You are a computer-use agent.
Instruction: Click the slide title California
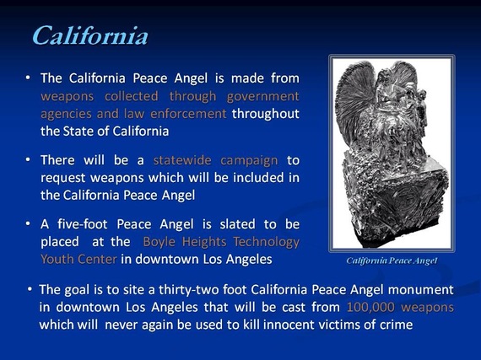click(90, 35)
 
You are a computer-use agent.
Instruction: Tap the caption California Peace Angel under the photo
click(392, 261)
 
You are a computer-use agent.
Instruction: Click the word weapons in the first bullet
click(68, 97)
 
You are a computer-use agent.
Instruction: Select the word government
click(263, 97)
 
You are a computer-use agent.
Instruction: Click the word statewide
click(182, 160)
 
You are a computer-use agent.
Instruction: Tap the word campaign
click(249, 161)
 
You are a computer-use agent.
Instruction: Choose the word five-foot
click(83, 224)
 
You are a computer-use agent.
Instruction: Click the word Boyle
click(159, 242)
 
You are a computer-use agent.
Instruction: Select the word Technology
click(267, 242)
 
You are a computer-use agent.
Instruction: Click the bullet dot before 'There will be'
click(28, 159)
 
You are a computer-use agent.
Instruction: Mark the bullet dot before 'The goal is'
click(30, 289)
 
